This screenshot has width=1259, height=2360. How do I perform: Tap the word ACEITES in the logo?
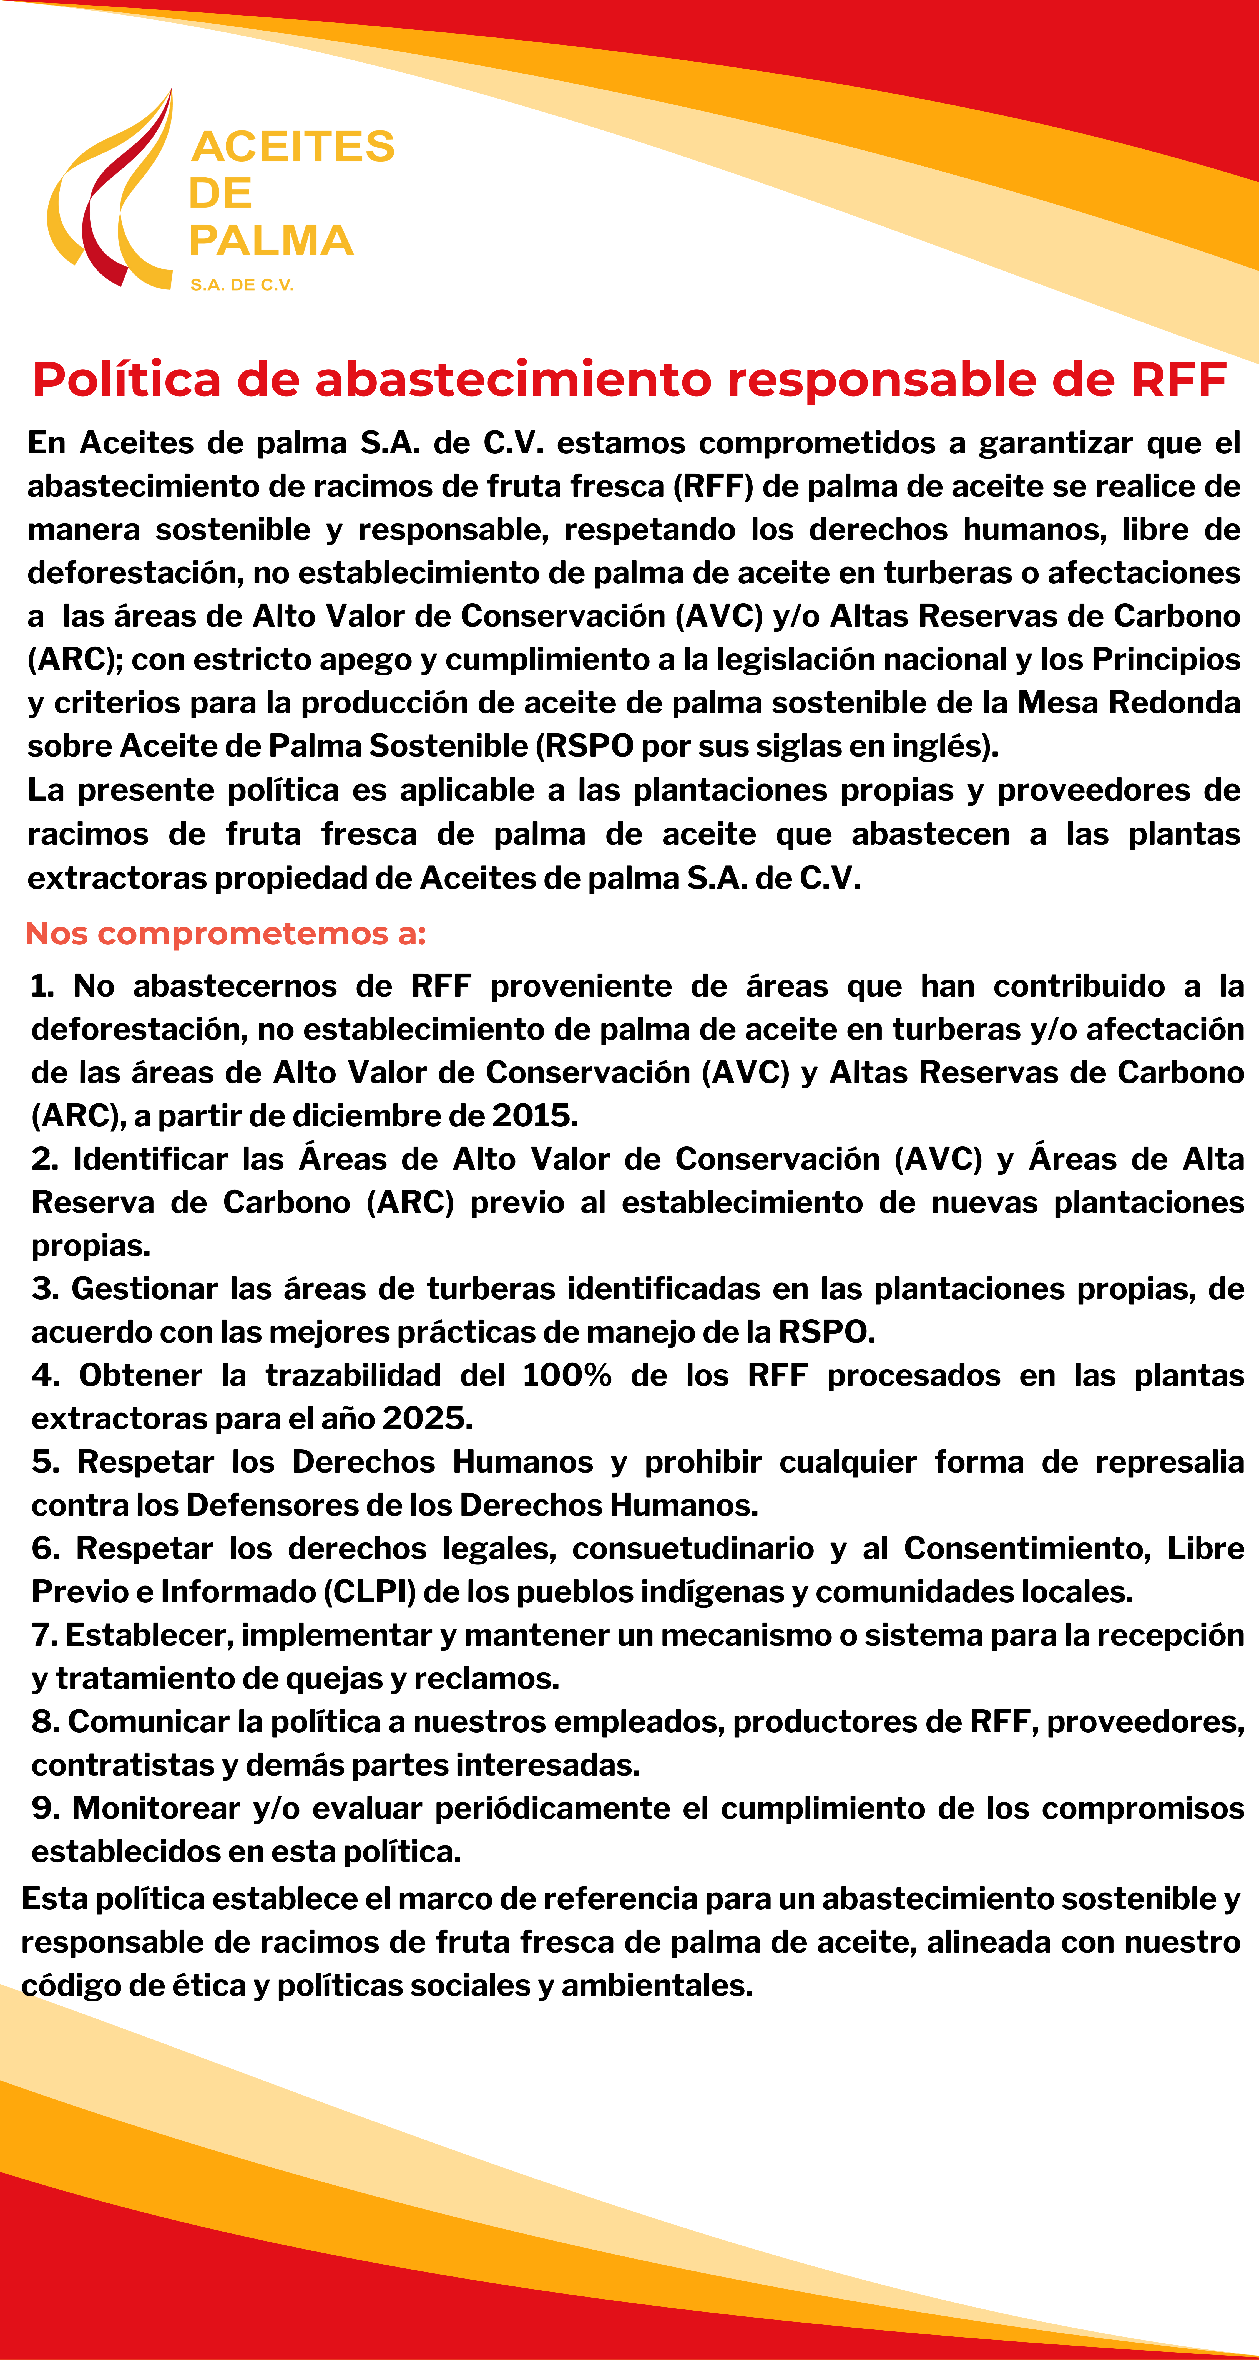click(x=293, y=147)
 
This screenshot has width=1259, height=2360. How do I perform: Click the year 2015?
click(x=534, y=1116)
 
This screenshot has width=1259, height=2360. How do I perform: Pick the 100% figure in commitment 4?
click(x=566, y=1376)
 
